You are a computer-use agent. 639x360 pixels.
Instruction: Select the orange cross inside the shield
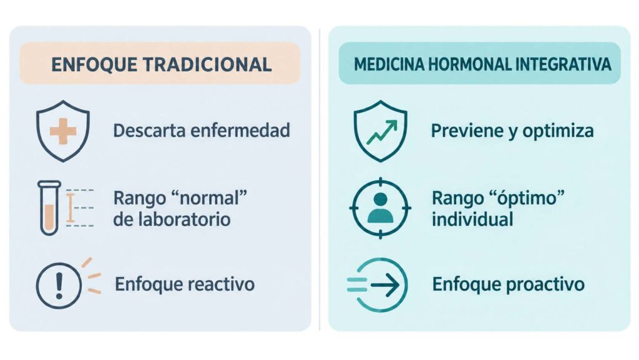pyautogui.click(x=63, y=131)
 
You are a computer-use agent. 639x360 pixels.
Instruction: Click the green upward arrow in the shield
pyautogui.click(x=382, y=132)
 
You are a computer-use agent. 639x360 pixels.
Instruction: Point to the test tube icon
pyautogui.click(x=49, y=208)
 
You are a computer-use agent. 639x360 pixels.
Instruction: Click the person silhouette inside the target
pyautogui.click(x=380, y=208)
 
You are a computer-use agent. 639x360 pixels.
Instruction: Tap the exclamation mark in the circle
pyautogui.click(x=59, y=285)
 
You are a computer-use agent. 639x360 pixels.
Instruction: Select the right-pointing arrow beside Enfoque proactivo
pyautogui.click(x=385, y=285)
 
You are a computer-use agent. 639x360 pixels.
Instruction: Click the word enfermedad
pyautogui.click(x=240, y=131)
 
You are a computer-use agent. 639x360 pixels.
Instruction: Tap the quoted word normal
pyautogui.click(x=210, y=198)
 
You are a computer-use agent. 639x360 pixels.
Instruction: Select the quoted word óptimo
pyautogui.click(x=528, y=199)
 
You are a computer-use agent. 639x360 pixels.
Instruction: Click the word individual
pyautogui.click(x=472, y=220)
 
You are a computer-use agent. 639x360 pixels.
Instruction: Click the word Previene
pyautogui.click(x=467, y=131)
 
